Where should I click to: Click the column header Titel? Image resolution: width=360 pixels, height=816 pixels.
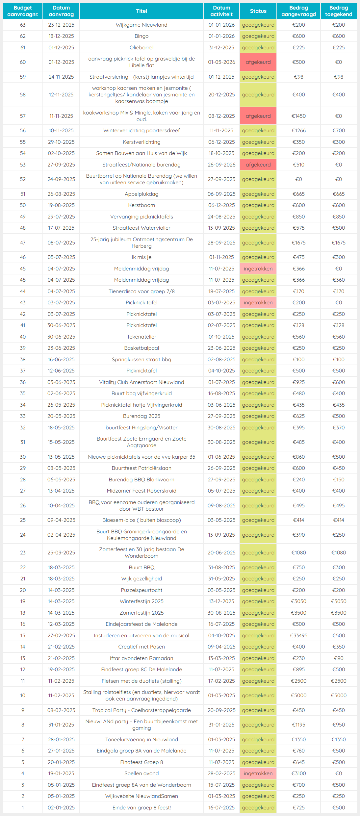coord(141,11)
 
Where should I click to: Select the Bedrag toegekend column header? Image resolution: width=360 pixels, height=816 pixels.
coord(338,11)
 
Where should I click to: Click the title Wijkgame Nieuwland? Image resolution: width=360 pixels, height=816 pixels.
coord(141,25)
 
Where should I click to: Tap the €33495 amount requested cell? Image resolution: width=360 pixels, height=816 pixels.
coord(298,635)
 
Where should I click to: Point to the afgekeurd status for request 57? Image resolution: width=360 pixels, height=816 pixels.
coord(258,116)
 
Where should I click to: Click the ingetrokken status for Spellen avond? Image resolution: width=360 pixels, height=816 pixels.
coord(258,773)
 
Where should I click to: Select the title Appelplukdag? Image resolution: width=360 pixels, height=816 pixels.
coord(141,194)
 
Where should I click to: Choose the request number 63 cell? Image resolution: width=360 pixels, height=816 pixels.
coord(23,25)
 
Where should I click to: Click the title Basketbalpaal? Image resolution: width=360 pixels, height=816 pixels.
coord(141,348)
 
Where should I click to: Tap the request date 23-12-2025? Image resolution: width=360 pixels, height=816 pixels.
coord(61,25)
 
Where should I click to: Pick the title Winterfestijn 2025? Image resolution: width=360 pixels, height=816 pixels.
coord(141,601)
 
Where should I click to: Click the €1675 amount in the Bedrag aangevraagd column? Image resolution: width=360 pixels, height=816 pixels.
coord(298,243)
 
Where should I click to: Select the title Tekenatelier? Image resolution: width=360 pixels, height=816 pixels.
coord(141,337)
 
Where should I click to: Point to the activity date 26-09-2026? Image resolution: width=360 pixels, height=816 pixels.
coord(221,165)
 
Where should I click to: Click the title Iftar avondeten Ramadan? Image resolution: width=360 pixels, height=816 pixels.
coord(141,658)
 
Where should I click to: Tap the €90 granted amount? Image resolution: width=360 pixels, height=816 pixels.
coord(338,658)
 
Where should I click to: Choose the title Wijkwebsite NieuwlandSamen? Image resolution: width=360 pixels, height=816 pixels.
coord(141,796)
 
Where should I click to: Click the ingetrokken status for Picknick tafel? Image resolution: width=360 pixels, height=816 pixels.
coord(258,303)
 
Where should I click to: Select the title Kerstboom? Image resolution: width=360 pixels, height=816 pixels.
coord(141,205)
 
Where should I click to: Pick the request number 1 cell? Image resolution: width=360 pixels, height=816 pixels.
coord(23,807)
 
